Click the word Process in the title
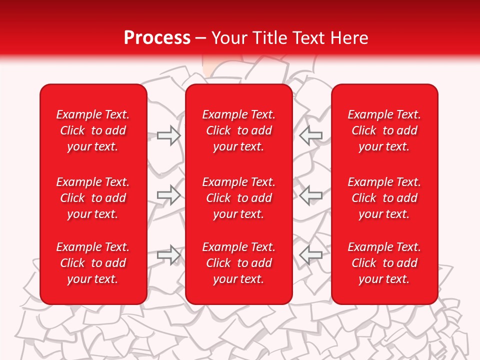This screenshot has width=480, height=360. pos(157,38)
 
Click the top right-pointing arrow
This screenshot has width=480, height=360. pos(168,135)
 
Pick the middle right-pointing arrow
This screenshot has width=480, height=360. pos(168,194)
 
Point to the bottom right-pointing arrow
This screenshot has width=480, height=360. pos(168,254)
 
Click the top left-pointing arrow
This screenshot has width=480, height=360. pos(310,135)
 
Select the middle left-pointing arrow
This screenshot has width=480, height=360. pos(310,194)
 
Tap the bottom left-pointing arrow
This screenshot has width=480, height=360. pos(310,254)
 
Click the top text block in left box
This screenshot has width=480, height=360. pos(93,130)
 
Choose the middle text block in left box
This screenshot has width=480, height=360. pos(93,198)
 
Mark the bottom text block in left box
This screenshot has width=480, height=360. pos(93,263)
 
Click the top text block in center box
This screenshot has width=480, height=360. pos(239,130)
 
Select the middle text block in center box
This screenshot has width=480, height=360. pos(239,198)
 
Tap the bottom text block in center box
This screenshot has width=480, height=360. pos(239,263)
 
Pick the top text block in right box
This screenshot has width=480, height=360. pos(384,130)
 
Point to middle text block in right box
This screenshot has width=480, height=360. pos(384,198)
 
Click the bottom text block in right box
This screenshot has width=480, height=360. pos(384,263)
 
